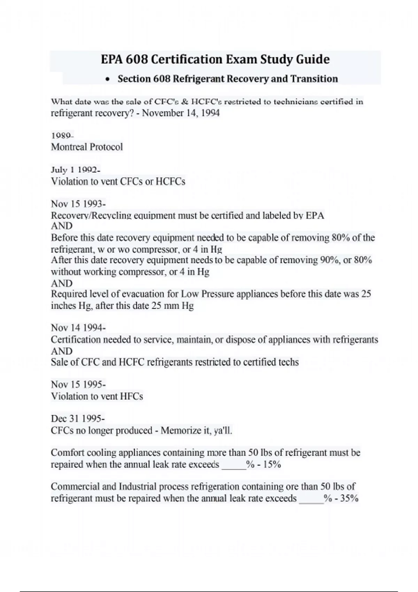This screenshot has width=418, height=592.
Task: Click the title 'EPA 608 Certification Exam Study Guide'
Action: click(x=215, y=60)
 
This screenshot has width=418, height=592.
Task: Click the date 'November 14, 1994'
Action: click(x=181, y=113)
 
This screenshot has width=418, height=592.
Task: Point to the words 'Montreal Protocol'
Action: click(x=87, y=147)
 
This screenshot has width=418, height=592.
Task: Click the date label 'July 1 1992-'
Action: click(x=76, y=170)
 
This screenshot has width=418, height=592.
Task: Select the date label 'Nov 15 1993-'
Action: click(x=78, y=204)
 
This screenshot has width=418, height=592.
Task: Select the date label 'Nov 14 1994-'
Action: click(x=78, y=328)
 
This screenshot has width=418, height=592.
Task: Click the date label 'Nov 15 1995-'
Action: click(x=78, y=384)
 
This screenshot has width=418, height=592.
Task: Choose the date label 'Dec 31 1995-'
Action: click(x=78, y=419)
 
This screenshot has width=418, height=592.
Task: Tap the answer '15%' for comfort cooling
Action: click(x=272, y=465)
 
